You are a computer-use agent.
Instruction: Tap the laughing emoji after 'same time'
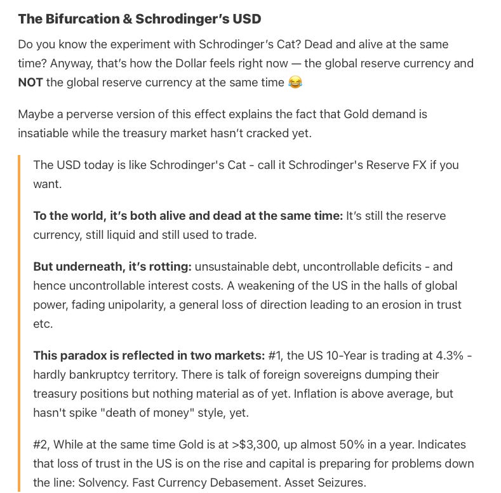click(x=295, y=83)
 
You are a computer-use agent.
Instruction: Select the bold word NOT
click(x=30, y=83)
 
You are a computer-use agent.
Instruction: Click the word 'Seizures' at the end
click(x=344, y=483)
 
